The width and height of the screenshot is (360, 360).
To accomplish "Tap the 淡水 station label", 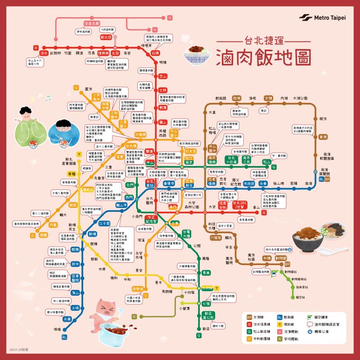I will (44, 53).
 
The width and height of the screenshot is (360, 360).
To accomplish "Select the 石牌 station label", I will (156, 53).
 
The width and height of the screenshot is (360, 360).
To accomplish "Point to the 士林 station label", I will (163, 90).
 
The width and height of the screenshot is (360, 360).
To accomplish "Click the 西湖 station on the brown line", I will (236, 98).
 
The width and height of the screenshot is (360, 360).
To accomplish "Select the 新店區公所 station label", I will (207, 315).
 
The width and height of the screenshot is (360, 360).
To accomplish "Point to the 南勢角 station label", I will (138, 289).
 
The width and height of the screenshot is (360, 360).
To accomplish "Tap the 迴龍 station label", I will (43, 235).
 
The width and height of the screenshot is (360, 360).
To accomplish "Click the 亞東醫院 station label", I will (75, 278).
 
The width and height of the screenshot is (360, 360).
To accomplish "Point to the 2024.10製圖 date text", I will (18, 349).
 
